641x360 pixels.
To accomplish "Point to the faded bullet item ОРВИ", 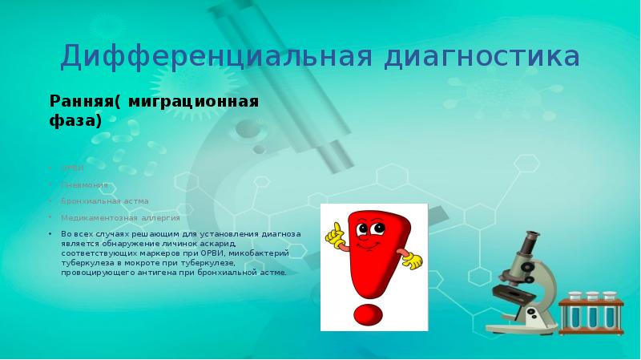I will tap(72, 168).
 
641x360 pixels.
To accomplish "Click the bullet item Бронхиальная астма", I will tap(104, 200).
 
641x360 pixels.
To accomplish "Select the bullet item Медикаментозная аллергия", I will tap(120, 217).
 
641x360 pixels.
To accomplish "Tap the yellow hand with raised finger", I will tap(334, 232).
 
